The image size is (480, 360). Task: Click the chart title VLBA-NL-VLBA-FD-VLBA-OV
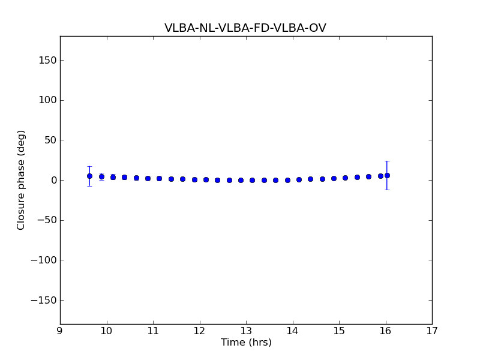245,28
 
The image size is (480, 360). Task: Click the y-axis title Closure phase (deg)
22,180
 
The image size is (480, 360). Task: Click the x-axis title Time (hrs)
246,343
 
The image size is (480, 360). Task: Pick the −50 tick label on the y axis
46,220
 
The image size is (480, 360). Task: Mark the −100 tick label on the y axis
44,260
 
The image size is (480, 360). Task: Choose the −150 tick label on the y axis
44,300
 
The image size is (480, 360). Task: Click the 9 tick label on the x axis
60,331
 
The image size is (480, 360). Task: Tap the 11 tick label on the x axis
153,331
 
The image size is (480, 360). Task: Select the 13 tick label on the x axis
246,331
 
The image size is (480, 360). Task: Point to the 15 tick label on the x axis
339,331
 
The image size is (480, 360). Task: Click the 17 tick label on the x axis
432,331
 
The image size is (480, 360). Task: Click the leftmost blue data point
89,176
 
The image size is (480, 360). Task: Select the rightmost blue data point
387,175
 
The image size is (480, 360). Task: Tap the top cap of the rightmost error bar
387,161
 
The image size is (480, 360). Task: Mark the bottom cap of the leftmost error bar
89,186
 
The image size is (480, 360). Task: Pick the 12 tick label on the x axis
199,331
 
